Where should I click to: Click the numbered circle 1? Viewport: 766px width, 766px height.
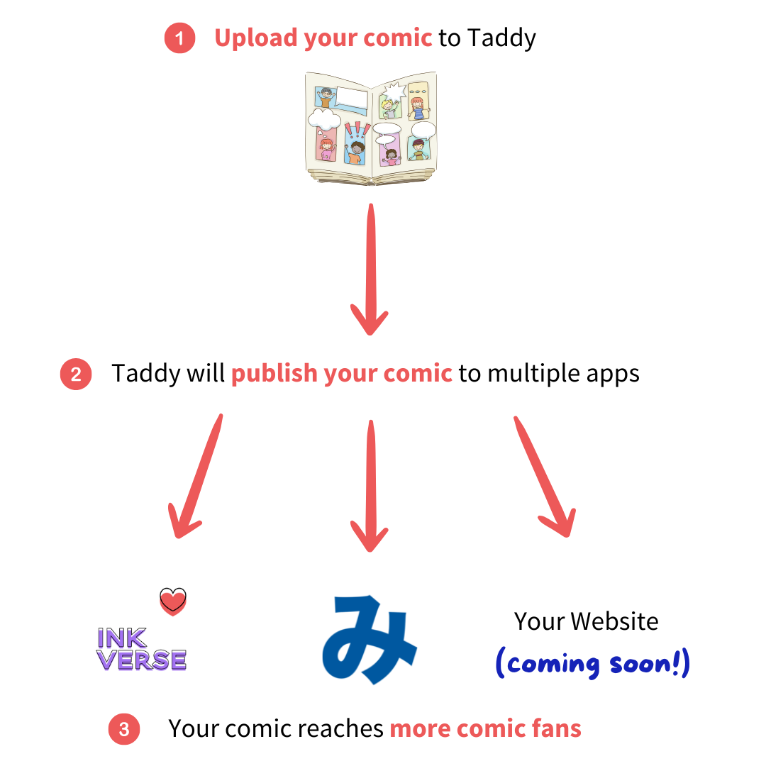point(179,38)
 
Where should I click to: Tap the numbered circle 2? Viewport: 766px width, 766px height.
point(76,374)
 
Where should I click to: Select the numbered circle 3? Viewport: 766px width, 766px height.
point(124,729)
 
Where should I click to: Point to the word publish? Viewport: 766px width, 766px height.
point(274,374)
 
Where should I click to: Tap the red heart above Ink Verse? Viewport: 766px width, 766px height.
point(172,604)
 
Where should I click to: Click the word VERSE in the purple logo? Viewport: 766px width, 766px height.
point(142,662)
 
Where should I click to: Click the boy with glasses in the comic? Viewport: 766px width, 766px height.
point(325,99)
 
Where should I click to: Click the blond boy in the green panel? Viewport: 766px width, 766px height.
point(389,108)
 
